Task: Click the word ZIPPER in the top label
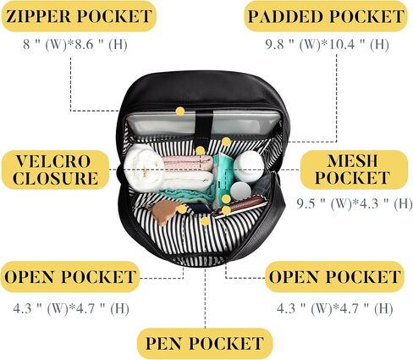[x=39, y=16]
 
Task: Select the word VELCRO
[x=53, y=161]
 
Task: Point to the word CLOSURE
[x=55, y=178]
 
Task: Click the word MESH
[x=352, y=161]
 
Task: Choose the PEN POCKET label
[x=205, y=343]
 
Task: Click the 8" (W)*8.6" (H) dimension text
[x=75, y=45]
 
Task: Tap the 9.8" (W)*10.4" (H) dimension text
[x=327, y=45]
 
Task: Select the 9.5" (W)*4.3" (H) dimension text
[x=355, y=203]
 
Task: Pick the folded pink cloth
[x=187, y=163]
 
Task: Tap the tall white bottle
[x=249, y=166]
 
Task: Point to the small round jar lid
[x=240, y=191]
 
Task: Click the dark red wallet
[x=240, y=206]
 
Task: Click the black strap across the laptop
[x=204, y=123]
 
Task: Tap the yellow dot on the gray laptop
[x=180, y=112]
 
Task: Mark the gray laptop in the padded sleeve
[x=203, y=123]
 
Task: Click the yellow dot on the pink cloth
[x=200, y=151]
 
